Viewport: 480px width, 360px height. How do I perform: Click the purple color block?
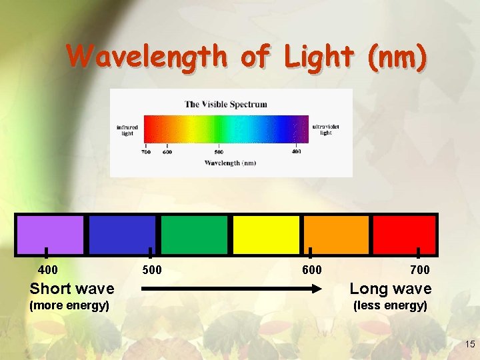51,235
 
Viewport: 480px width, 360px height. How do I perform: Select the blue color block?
122,235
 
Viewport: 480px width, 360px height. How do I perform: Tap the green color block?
194,235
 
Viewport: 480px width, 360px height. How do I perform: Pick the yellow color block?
266,235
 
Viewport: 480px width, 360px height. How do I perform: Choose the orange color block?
337,235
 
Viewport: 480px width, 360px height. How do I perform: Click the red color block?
404,235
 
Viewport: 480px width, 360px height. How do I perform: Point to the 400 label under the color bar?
48,270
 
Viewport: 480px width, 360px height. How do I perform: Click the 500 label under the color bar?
152,270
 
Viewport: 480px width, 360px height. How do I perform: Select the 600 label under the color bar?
312,270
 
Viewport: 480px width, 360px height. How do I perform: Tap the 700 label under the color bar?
420,270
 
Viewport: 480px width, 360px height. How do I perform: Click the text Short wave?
72,289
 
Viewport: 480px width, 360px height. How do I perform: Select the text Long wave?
391,289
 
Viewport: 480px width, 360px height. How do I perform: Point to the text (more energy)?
69,305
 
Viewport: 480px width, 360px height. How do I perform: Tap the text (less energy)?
390,305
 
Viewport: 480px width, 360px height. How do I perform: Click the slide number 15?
469,345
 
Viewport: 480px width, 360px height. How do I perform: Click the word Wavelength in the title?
147,57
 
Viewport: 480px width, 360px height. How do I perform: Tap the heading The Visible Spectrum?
226,104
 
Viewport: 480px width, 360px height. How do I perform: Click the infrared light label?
127,130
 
